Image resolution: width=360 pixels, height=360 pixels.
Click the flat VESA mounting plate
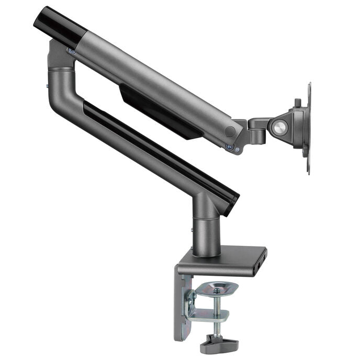(x=308, y=128)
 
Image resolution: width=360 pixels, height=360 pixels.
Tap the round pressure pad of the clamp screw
(x=219, y=288)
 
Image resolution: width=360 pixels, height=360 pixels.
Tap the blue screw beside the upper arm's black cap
(x=71, y=51)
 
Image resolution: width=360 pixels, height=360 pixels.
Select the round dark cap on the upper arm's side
(x=229, y=132)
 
